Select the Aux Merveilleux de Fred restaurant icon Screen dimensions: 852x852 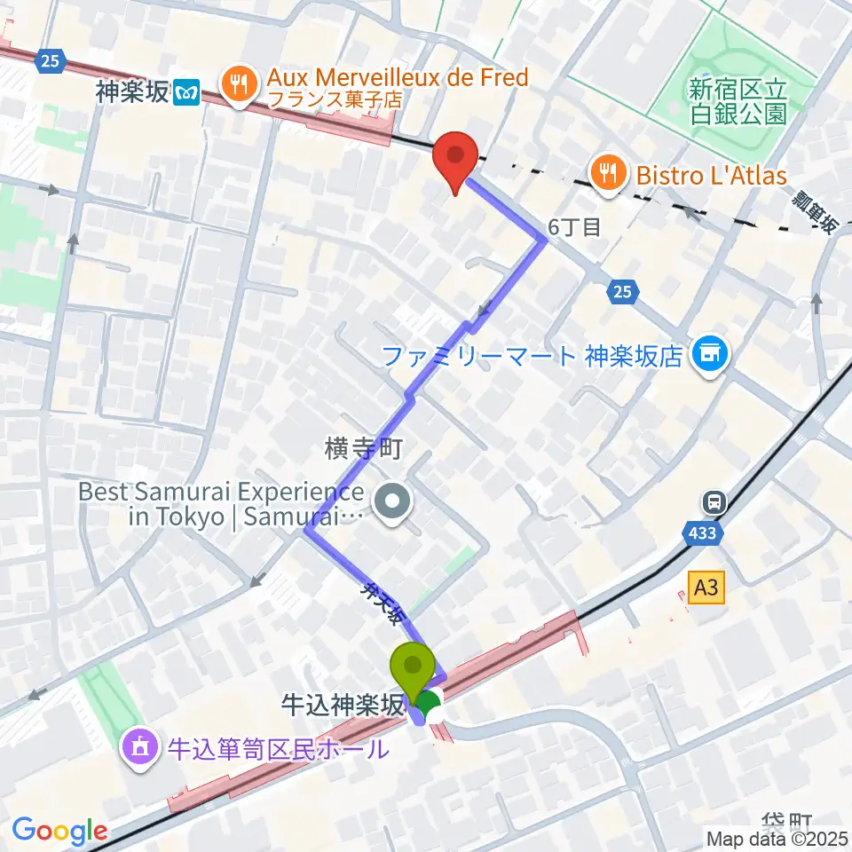(238, 87)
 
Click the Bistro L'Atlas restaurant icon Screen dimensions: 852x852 (608, 171)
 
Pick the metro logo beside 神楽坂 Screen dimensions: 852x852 (186, 91)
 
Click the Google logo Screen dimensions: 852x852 (59, 832)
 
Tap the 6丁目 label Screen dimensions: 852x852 (575, 227)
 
